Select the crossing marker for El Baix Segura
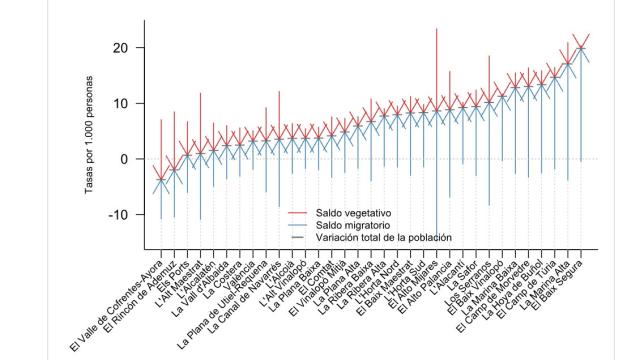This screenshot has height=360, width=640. [583, 47]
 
